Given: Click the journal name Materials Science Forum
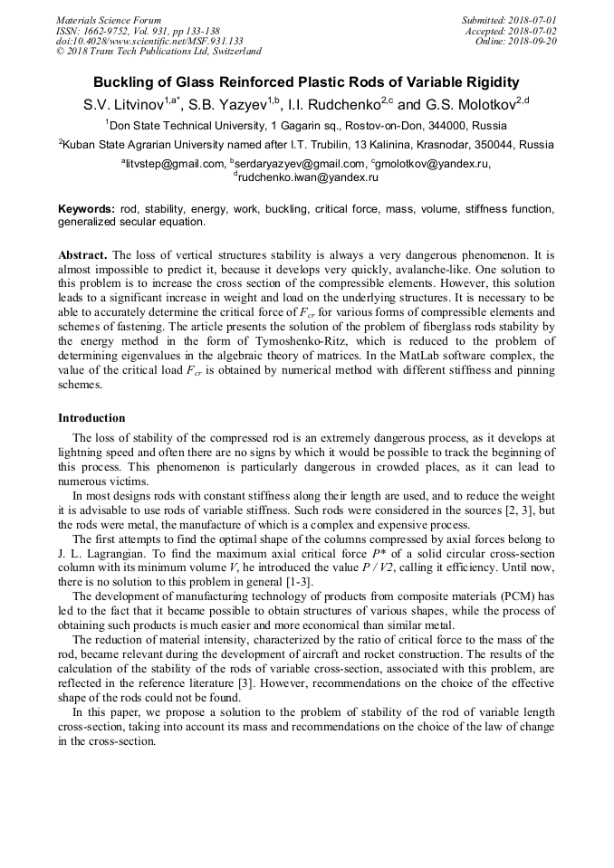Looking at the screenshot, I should point(109,20).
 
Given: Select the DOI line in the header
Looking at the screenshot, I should point(149,41).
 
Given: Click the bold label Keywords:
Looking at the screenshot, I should point(86,209).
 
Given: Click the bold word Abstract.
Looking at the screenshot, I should point(83,254).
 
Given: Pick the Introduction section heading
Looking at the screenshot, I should point(91,418).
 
